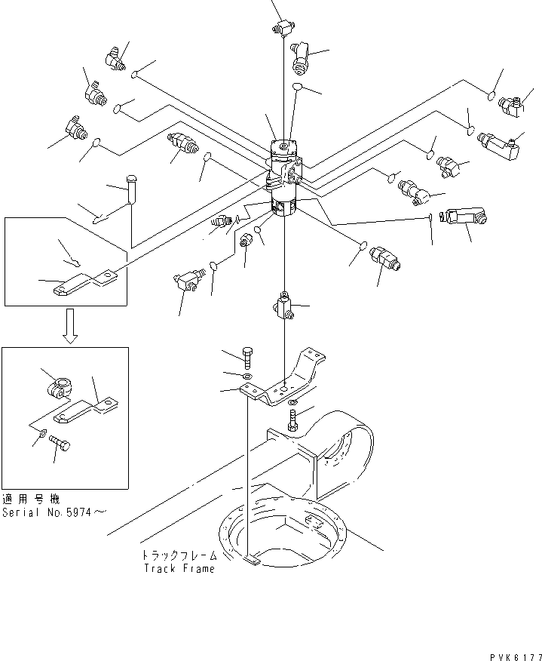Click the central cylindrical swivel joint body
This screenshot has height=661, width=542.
click(284, 178)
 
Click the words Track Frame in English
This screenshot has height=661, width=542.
click(179, 568)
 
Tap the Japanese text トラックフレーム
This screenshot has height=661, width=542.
click(179, 555)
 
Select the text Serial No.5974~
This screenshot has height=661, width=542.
click(54, 512)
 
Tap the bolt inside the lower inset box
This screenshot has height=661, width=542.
click(60, 447)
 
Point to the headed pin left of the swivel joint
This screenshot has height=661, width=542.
click(133, 189)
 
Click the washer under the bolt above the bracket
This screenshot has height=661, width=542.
click(248, 375)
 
